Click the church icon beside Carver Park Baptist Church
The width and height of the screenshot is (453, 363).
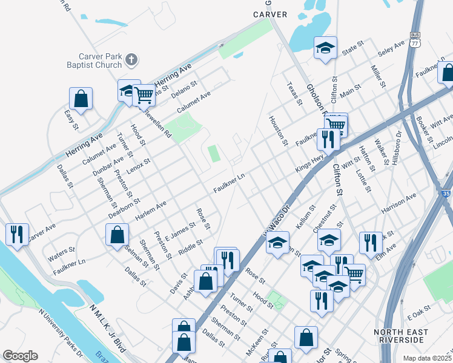coord(131,60)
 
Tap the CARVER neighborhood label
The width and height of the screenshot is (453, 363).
coord(270,14)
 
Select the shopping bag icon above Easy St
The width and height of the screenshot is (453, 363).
coord(81,99)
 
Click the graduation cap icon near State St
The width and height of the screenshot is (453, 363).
coord(325,48)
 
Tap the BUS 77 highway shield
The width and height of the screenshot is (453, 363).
coord(415,40)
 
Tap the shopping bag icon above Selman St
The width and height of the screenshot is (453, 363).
coord(117,236)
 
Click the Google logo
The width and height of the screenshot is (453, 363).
coord(20,356)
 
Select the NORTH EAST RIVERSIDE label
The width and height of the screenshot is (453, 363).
coord(401,336)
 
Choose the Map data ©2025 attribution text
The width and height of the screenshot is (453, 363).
coord(426,358)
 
